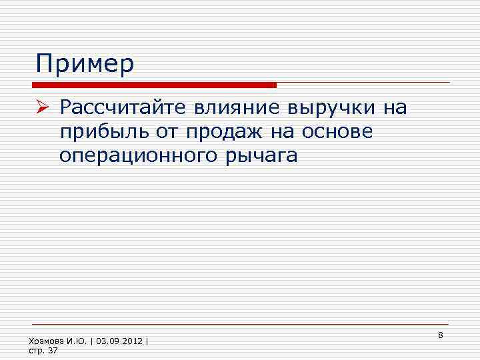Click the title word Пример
tap(85, 65)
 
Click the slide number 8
tap(441, 333)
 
